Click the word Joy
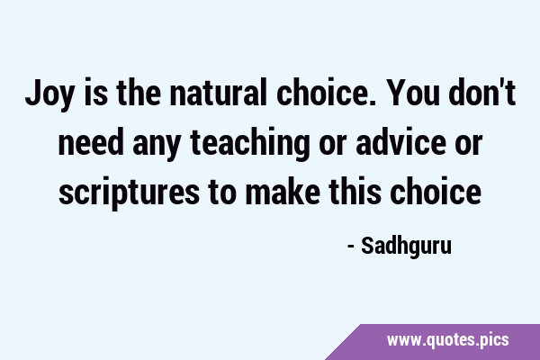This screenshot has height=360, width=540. point(49,94)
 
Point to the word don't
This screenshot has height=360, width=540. point(482,92)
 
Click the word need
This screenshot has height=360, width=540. point(91,141)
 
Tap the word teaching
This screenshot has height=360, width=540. point(249,144)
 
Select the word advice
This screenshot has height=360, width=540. point(400,141)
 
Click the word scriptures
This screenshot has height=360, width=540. point(129,193)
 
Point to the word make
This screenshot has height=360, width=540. point(283,191)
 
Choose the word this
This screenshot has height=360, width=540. point(355,191)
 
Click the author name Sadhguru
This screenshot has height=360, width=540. point(407,247)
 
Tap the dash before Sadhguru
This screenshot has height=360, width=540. point(351,247)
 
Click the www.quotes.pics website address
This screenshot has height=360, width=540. point(447,340)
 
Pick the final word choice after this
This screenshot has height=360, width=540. point(436,191)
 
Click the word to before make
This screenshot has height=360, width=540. point(222,193)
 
